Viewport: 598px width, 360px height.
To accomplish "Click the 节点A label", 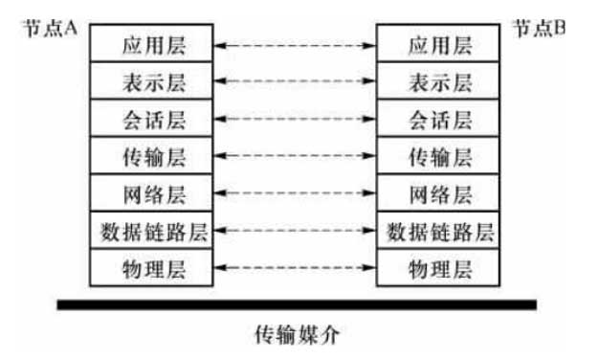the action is point(51,28).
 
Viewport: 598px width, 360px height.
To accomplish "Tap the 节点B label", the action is point(539,28).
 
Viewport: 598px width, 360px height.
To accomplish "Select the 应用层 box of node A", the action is point(151,43).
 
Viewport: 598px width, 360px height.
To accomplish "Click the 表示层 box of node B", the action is point(438,80).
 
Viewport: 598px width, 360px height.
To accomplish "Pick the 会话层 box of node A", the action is point(151,118).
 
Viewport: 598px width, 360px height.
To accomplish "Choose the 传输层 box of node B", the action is point(438,155).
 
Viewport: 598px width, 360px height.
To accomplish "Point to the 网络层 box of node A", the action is point(151,192).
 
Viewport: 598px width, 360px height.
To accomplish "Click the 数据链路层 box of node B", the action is point(438,230).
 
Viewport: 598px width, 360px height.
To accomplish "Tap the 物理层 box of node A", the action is point(151,267).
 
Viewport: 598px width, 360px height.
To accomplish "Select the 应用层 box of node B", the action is point(438,43).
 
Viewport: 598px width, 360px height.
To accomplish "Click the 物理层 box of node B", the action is point(438,267).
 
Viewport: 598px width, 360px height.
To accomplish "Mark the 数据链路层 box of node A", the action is point(151,230).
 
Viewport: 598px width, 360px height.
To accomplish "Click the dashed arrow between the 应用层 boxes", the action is point(295,46).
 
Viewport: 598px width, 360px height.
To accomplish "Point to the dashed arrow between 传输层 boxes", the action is point(295,156).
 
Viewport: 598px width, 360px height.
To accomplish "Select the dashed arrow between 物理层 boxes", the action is point(295,268).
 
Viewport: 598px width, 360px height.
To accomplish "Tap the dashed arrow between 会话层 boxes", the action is point(295,119).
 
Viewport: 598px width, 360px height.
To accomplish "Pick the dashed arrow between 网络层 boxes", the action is point(295,192).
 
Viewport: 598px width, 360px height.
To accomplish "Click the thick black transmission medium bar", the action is point(298,304).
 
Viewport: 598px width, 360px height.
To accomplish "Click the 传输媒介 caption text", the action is point(297,335).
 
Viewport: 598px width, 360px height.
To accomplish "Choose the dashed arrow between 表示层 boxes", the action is point(295,81).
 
